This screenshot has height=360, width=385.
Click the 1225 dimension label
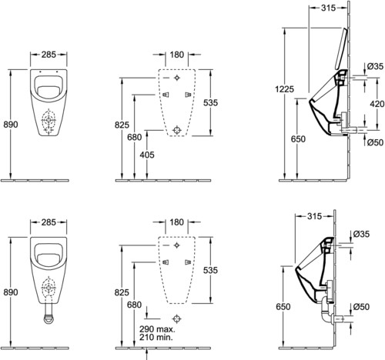tap(284, 89)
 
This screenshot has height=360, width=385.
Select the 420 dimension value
tap(377, 104)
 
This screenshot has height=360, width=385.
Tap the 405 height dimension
tap(147, 155)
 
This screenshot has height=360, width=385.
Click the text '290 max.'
tap(157, 328)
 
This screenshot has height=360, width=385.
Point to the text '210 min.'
tap(156, 337)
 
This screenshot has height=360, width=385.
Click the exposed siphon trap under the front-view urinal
tap(49, 314)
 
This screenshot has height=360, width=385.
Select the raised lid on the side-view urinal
tap(341, 48)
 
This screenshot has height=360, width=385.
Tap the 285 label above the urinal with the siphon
tap(49, 222)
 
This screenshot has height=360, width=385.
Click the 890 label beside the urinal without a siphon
tap(11, 125)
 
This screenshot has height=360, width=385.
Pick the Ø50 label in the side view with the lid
tap(375, 142)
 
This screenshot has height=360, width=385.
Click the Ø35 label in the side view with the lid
tap(375, 66)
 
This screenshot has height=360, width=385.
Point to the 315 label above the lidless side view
tap(314, 216)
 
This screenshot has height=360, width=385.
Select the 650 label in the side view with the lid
tap(298, 139)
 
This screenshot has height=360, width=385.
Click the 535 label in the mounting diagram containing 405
tap(210, 103)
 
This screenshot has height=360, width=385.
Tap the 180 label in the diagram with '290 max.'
tap(177, 222)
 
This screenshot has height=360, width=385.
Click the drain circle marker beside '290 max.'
tap(177, 319)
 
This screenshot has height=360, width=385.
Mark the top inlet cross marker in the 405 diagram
tap(177, 78)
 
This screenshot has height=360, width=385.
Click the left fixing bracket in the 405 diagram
tap(166, 95)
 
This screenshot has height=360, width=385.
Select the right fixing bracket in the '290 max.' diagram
tap(188, 262)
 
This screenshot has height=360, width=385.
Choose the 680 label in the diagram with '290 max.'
tap(134, 305)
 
